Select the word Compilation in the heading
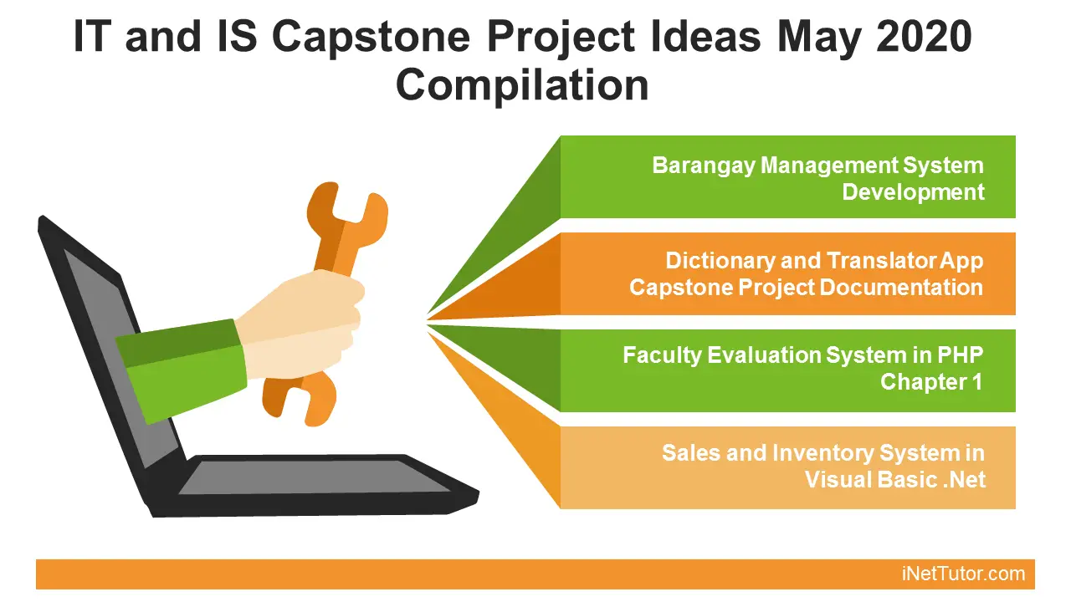522,85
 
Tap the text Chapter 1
931,382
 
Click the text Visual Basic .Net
894,480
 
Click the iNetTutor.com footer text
963,574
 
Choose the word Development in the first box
913,191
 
